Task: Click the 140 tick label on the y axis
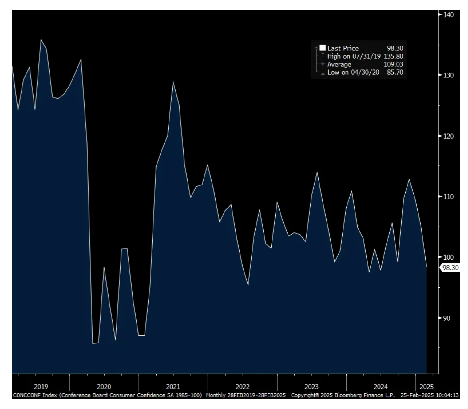[x=449, y=15]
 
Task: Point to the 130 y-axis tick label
[x=449, y=75]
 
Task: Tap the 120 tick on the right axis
[x=449, y=136]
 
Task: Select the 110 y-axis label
[x=449, y=197]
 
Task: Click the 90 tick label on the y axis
[x=447, y=318]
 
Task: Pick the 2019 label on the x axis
[x=41, y=387]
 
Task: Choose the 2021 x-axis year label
[x=173, y=387]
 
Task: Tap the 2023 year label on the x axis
[x=311, y=387]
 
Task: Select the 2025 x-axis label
[x=426, y=387]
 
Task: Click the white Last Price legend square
[x=323, y=48]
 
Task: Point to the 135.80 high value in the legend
[x=393, y=56]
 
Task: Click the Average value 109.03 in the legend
[x=393, y=64]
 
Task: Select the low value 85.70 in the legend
[x=395, y=72]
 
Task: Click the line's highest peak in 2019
[x=41, y=40]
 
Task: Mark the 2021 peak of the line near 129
[x=173, y=82]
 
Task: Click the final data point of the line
[x=426, y=267]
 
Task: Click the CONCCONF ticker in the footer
[x=27, y=395]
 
